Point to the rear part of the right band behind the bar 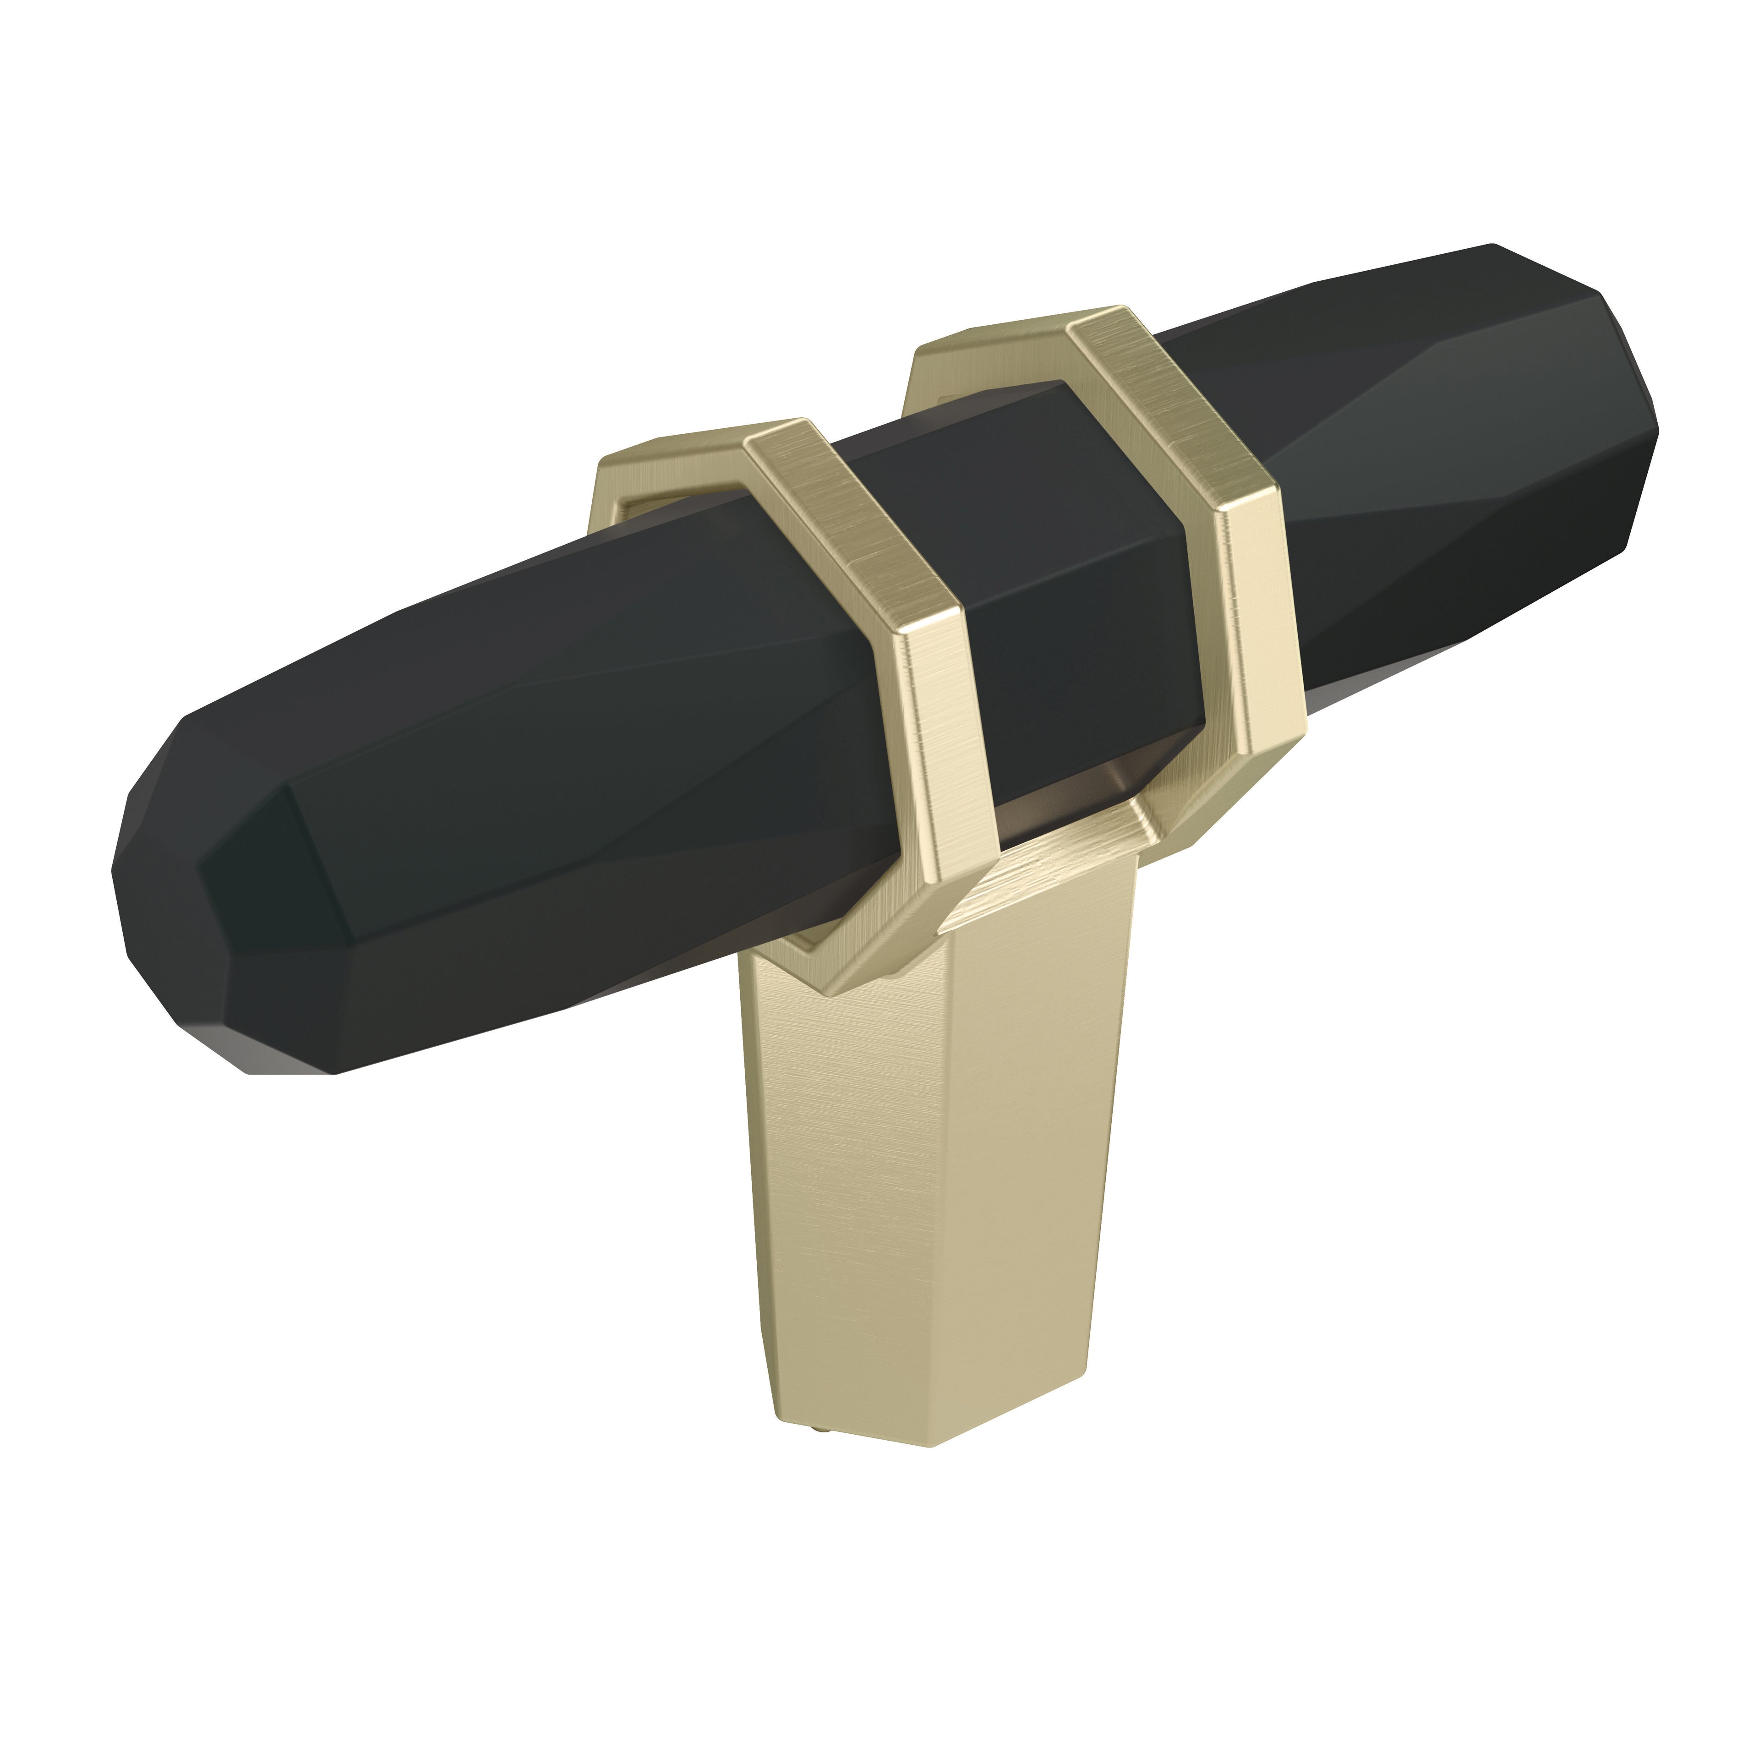click(x=965, y=364)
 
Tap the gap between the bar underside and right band click(x=1074, y=801)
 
